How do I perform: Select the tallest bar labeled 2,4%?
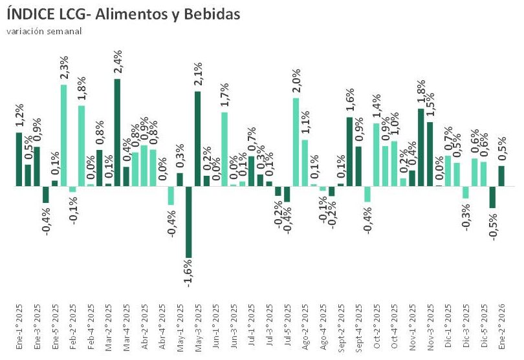pyautogui.click(x=117, y=132)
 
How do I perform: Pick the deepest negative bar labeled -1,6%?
pyautogui.click(x=189, y=222)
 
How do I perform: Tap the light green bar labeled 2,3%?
pyautogui.click(x=64, y=135)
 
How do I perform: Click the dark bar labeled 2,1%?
pyautogui.click(x=197, y=138)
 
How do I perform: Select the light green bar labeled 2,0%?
pyautogui.click(x=296, y=142)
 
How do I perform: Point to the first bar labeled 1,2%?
pyautogui.click(x=19, y=159)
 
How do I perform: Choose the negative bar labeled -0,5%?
pyautogui.click(x=492, y=197)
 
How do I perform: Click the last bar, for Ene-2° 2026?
pyautogui.click(x=501, y=176)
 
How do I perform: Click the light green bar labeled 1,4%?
pyautogui.click(x=376, y=154)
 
